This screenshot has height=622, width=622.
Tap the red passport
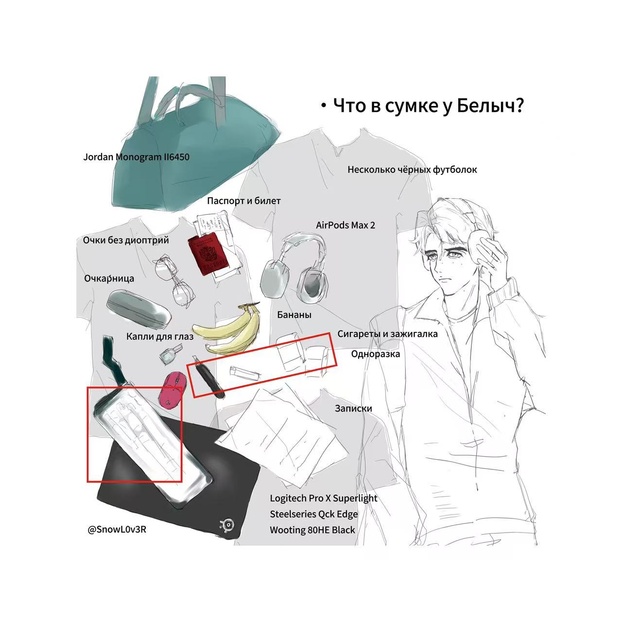tap(208, 255)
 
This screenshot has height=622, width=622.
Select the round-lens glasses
tap(174, 281)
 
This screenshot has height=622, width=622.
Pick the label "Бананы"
tap(294, 315)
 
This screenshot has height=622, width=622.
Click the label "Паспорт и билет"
tap(244, 201)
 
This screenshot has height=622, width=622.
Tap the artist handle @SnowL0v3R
tap(117, 530)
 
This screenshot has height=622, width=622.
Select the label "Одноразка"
tap(376, 354)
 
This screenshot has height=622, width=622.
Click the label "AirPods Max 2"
tap(346, 225)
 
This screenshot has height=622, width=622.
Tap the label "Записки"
tap(353, 408)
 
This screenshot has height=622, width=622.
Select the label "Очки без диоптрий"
tap(126, 240)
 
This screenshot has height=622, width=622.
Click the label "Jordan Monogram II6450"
tap(136, 157)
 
